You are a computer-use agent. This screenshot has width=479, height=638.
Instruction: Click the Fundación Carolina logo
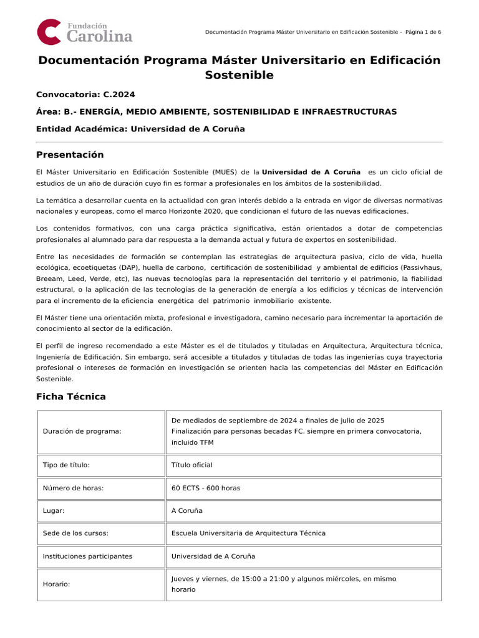[84, 32]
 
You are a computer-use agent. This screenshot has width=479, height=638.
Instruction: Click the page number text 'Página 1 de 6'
[423, 32]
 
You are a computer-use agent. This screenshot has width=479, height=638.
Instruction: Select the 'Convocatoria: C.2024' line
[85, 95]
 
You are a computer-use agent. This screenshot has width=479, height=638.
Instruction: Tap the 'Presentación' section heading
[70, 155]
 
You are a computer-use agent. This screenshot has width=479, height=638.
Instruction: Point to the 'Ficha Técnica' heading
[71, 396]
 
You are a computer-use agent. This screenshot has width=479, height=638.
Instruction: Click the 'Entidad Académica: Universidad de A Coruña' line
[140, 129]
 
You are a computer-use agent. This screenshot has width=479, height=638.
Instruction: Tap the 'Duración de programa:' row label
[82, 431]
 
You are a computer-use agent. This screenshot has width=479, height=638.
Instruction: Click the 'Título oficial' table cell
[191, 465]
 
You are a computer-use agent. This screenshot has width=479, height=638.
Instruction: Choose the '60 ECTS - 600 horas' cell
[205, 488]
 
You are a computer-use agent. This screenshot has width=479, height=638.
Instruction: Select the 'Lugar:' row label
[53, 510]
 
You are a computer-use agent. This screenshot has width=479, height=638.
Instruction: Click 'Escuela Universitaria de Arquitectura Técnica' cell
[248, 533]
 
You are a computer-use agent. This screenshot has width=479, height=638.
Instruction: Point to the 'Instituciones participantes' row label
[87, 556]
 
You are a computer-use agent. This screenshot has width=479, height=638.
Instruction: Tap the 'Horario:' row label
[56, 584]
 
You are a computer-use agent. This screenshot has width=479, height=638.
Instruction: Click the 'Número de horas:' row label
[73, 488]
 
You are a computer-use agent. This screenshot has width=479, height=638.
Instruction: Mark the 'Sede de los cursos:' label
[75, 533]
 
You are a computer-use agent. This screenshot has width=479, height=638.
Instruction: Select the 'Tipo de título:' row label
[67, 465]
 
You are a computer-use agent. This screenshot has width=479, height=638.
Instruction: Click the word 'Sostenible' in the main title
[239, 75]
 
